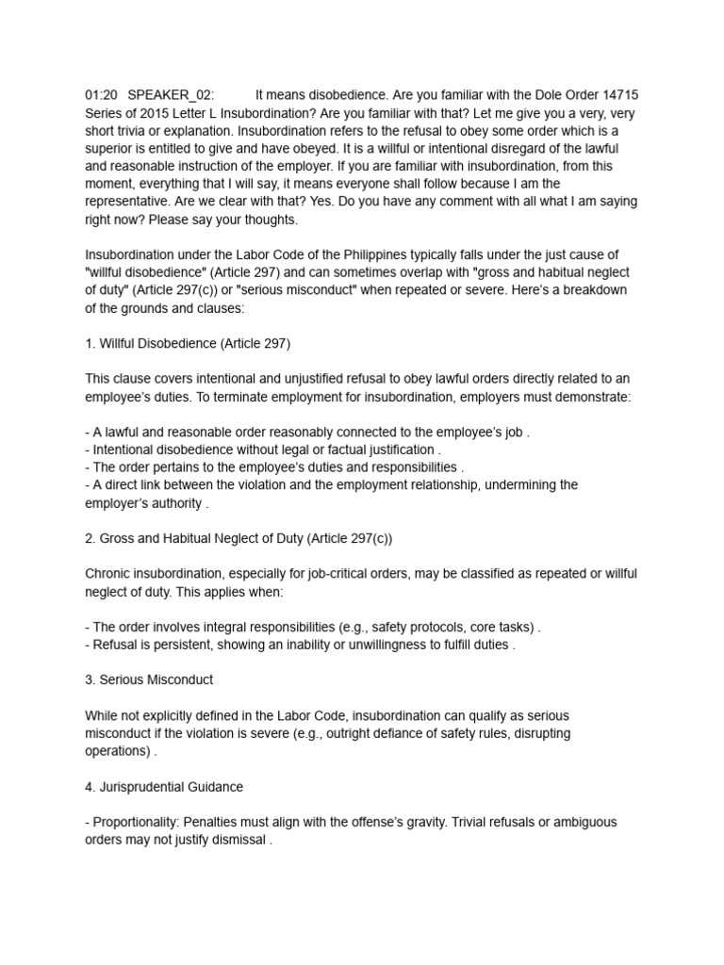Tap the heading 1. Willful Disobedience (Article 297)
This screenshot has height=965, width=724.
pyautogui.click(x=194, y=343)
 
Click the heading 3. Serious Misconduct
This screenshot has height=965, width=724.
pyautogui.click(x=149, y=679)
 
